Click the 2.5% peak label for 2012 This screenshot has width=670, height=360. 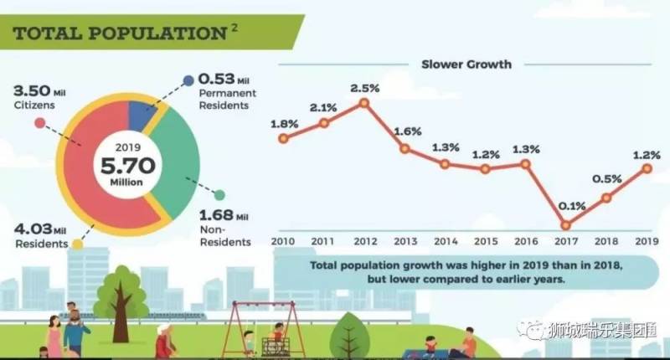click(x=363, y=87)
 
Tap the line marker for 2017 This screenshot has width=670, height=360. click(x=566, y=224)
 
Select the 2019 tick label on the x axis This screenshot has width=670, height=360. click(x=647, y=241)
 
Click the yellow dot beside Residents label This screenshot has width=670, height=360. click(x=78, y=244)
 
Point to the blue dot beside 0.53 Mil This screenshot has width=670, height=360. click(x=189, y=80)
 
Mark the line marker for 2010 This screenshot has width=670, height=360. click(x=284, y=139)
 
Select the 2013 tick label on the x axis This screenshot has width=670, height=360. click(x=405, y=241)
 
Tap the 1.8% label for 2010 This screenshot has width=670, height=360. click(x=284, y=124)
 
